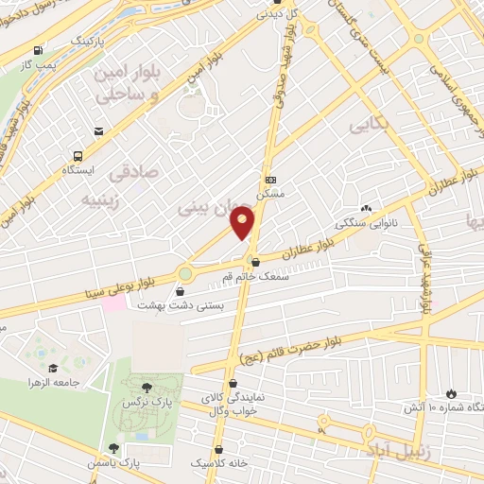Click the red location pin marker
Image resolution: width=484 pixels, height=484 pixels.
coord(244,224)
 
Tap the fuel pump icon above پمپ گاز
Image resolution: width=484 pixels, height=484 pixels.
coord(37,50)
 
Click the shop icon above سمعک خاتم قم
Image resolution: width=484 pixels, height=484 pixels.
coord(254,262)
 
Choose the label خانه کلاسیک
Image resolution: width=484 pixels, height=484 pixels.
coord(220,464)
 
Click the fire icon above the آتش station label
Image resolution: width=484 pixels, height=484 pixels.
coord(451,393)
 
